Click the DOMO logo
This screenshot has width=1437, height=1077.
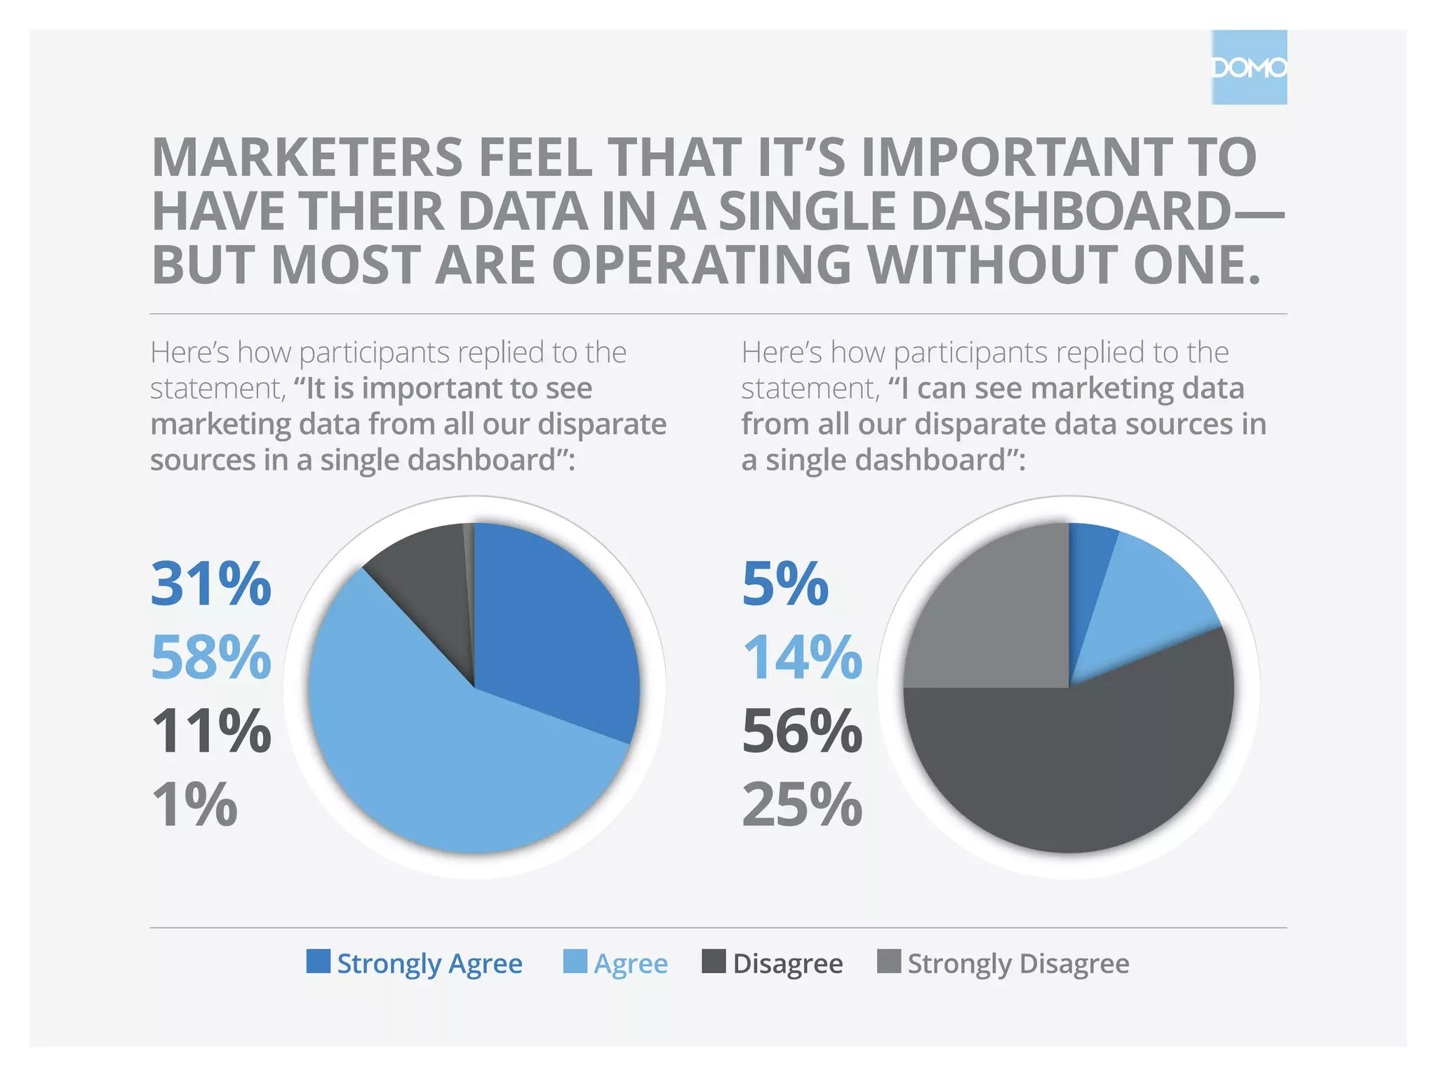(x=1249, y=67)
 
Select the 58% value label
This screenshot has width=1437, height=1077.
(x=210, y=657)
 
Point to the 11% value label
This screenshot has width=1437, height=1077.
(x=210, y=731)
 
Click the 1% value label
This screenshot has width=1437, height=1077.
(x=194, y=805)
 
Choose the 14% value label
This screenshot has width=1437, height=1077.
(x=802, y=657)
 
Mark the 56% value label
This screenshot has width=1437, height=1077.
(x=802, y=731)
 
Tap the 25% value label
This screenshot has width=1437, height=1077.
(x=802, y=805)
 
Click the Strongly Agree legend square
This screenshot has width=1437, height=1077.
(x=318, y=961)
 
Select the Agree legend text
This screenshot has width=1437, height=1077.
(x=631, y=963)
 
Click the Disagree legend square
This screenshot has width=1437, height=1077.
(x=714, y=961)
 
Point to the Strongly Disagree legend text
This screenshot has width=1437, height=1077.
(x=1018, y=963)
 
